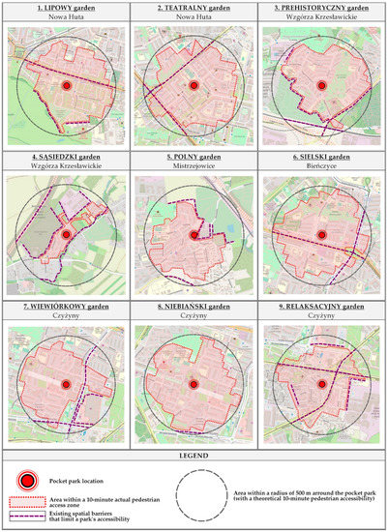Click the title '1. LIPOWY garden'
67,9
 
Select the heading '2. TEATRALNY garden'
194,9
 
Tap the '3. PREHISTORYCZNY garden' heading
321,9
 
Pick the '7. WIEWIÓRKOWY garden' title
67,306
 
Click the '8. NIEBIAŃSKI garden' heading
194,306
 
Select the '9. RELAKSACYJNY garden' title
321,306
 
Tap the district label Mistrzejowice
194,167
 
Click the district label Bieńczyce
321,167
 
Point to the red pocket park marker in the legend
30,480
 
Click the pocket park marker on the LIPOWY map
67,86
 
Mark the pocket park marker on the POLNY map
194,234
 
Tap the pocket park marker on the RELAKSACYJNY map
321,384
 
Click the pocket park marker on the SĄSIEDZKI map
66,234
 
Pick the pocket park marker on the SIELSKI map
321,234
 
